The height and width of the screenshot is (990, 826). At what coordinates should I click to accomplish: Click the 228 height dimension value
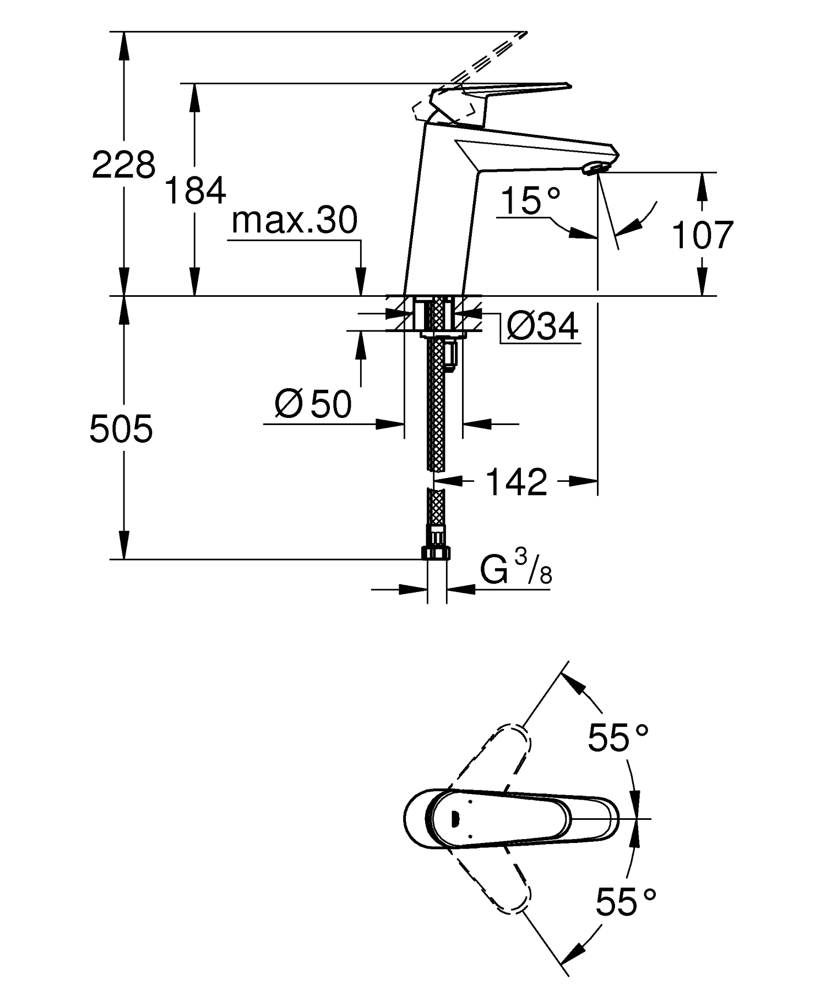(x=123, y=165)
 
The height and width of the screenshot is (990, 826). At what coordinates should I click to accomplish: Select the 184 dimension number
(x=195, y=191)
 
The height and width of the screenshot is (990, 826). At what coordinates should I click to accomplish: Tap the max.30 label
(x=295, y=221)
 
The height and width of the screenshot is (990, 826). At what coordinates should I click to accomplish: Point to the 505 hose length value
(x=121, y=429)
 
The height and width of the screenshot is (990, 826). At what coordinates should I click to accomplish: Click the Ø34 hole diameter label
(x=542, y=327)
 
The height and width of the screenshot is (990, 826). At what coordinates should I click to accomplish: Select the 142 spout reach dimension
(x=516, y=482)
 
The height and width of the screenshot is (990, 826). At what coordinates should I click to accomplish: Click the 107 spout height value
(x=703, y=235)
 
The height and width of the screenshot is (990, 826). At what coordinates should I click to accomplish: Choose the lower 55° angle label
(x=626, y=902)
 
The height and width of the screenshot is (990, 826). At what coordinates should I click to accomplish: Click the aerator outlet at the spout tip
(x=595, y=167)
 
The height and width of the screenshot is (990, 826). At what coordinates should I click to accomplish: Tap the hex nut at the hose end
(x=437, y=553)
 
